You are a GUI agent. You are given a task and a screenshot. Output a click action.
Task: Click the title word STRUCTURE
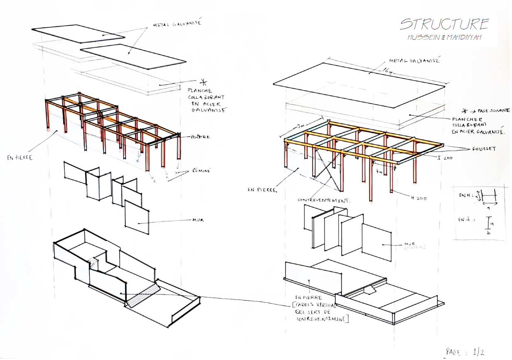click(x=444, y=24)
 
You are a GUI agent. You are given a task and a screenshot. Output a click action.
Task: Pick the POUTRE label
click(x=201, y=137)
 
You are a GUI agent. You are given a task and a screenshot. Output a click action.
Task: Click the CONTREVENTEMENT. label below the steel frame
click(x=324, y=200)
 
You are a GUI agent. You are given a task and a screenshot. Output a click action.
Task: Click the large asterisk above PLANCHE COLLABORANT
click(x=203, y=81)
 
